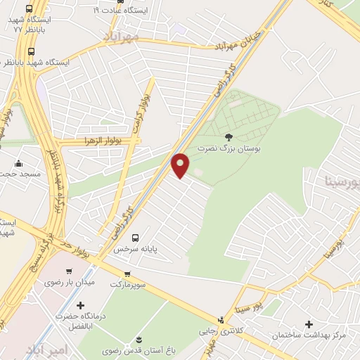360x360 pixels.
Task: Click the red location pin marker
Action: point(181,165)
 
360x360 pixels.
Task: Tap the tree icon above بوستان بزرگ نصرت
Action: point(228,137)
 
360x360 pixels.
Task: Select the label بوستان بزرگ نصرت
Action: point(228,149)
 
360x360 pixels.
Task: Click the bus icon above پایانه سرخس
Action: point(135,237)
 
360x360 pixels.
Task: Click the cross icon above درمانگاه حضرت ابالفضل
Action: point(80,305)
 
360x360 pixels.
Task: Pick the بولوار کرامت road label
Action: point(140,109)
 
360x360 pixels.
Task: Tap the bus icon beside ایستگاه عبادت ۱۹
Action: point(96,11)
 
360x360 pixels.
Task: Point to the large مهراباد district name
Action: point(121,37)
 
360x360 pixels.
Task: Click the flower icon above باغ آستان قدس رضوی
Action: point(139,340)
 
